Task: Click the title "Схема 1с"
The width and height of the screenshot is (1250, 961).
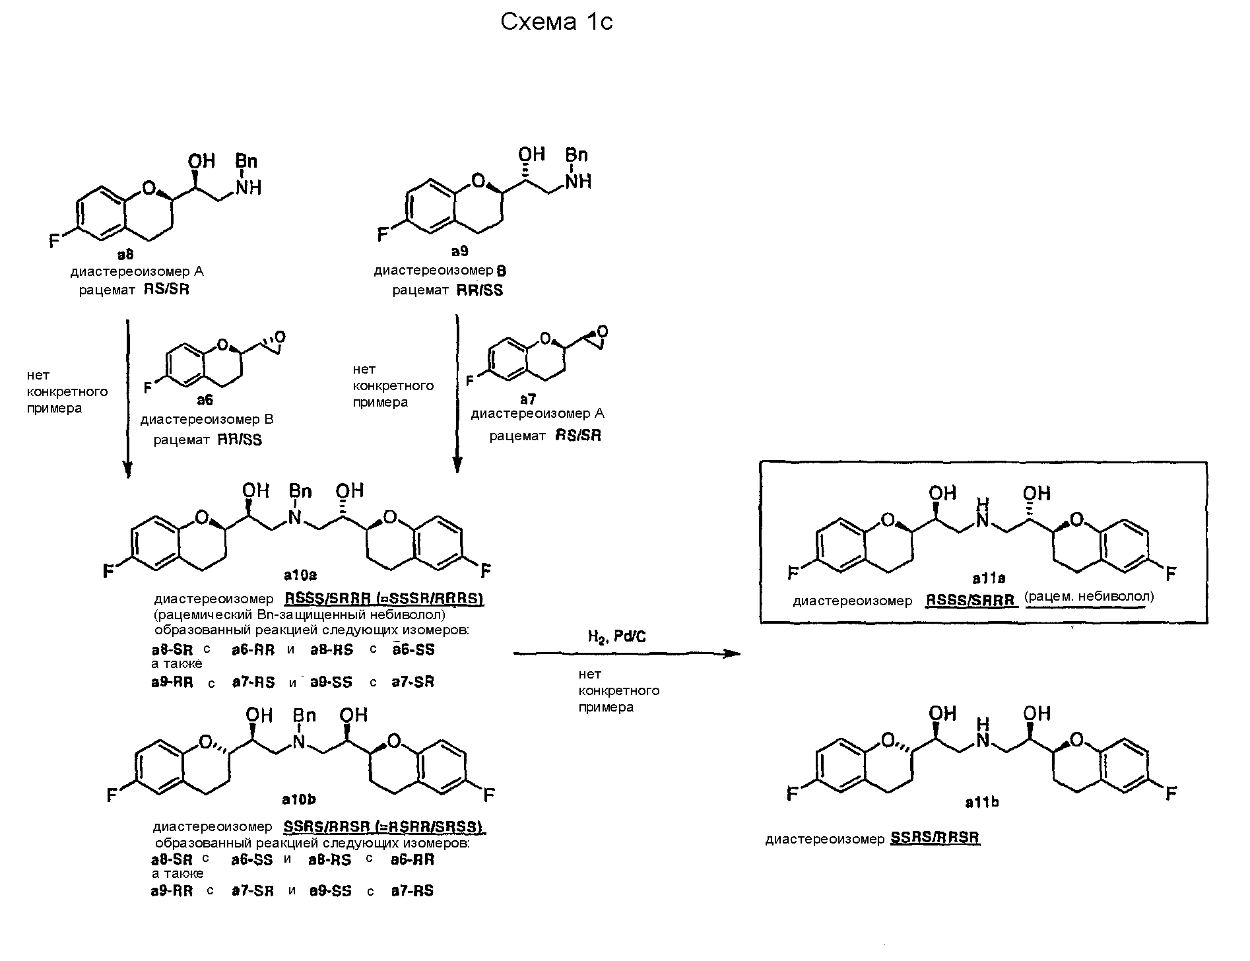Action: [x=556, y=22]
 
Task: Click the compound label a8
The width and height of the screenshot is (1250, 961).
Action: [x=125, y=255]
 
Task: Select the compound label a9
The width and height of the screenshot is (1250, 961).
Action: [x=460, y=251]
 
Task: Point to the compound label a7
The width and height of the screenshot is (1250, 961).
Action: [x=527, y=399]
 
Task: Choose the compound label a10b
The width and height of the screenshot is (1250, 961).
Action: [x=298, y=799]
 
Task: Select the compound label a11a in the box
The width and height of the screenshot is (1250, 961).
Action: [x=989, y=578]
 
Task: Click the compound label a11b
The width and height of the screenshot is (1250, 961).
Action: [x=981, y=802]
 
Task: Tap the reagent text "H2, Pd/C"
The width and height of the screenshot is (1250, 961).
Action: [x=616, y=636]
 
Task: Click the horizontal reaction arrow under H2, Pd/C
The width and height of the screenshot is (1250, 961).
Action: [x=626, y=653]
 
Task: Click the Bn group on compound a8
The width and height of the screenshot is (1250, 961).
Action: [x=246, y=162]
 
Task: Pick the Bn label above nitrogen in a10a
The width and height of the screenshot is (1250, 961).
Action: [x=300, y=492]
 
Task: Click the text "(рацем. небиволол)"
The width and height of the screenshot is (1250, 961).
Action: [x=1089, y=597]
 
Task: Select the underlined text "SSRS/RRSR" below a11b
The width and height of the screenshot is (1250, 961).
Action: [x=935, y=838]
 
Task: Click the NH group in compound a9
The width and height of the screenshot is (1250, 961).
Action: [x=578, y=180]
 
